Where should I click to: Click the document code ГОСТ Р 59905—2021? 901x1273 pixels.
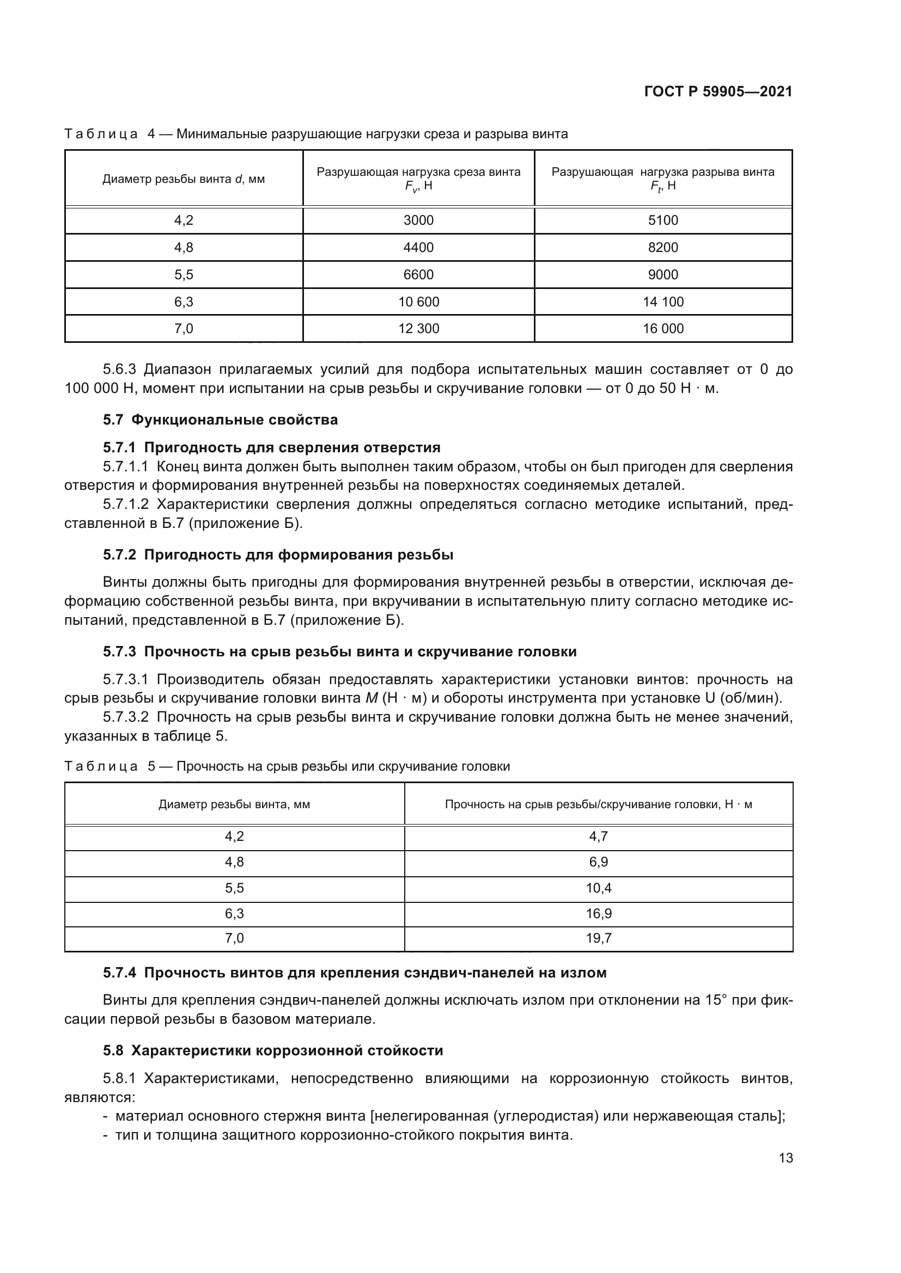pos(718,92)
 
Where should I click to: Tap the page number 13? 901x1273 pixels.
pos(786,1158)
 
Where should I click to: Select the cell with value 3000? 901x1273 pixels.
pos(418,220)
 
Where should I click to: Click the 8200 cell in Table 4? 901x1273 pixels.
pos(663,247)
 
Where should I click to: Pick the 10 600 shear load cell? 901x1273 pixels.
pos(418,302)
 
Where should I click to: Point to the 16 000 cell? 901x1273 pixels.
pos(663,328)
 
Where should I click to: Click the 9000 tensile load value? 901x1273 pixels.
pos(663,274)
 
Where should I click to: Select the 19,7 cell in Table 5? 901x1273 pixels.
pos(599,938)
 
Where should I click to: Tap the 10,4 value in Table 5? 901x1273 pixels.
pos(599,888)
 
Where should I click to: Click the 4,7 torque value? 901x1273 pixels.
pos(599,837)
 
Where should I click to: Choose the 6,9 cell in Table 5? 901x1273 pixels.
pos(599,862)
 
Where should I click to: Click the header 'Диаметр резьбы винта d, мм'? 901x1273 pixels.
pos(184,179)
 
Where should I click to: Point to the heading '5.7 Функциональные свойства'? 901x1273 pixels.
pos(220,420)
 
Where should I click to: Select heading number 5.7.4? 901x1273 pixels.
pos(119,973)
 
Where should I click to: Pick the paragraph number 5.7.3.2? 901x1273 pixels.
pos(125,717)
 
